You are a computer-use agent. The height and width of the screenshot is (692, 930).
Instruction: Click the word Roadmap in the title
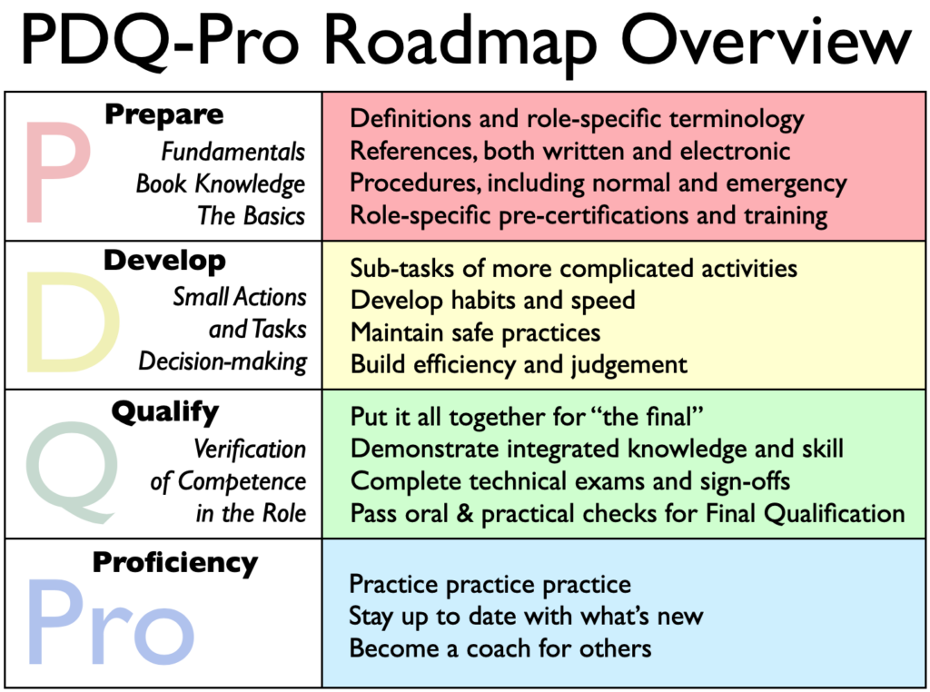(460, 43)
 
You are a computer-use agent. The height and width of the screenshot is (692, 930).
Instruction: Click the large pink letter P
(58, 172)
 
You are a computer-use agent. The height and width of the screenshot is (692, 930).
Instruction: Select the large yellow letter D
(73, 322)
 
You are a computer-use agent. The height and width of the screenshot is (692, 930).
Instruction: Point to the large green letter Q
(71, 472)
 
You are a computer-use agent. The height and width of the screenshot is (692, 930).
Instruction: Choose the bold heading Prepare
(164, 114)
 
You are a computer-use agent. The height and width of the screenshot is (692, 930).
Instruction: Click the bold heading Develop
(164, 261)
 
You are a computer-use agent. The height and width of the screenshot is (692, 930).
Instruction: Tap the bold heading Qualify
(165, 412)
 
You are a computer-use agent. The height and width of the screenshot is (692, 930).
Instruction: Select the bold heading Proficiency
(175, 563)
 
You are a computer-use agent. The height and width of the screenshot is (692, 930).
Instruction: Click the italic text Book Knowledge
(221, 183)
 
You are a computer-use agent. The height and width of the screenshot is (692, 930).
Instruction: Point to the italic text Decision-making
(223, 361)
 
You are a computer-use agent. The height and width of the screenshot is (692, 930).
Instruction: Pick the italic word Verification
(250, 449)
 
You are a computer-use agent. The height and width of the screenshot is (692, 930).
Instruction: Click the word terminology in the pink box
(737, 120)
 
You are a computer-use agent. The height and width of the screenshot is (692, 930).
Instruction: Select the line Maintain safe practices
(475, 332)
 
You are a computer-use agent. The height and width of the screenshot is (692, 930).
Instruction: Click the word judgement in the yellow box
(629, 365)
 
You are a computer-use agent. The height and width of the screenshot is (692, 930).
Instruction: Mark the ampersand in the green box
(464, 513)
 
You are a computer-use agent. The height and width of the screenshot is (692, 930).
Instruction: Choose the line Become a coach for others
(500, 648)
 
